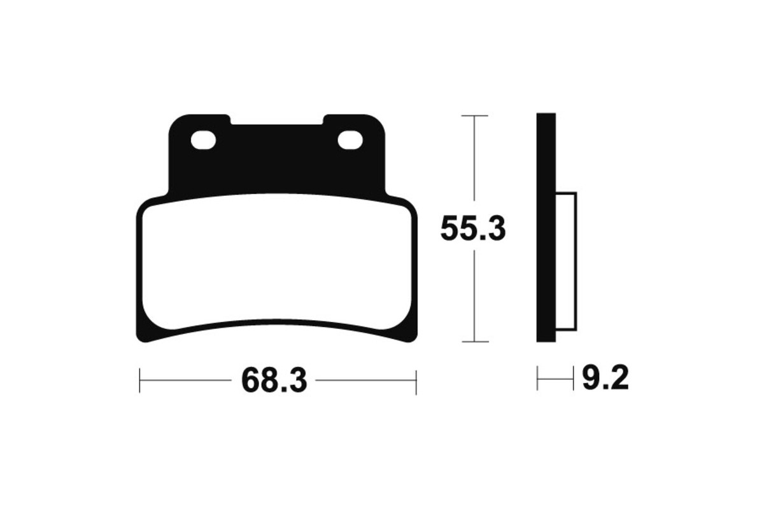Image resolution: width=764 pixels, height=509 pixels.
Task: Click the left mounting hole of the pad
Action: tap(203, 140)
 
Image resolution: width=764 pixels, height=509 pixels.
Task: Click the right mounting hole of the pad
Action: tap(350, 140)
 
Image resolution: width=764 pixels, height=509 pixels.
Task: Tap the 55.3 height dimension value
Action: tap(473, 229)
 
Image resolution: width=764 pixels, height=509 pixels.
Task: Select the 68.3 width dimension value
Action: tap(274, 380)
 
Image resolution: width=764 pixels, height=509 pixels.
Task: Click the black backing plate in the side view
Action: tap(546, 227)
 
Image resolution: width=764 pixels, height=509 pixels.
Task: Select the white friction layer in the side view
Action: tap(567, 261)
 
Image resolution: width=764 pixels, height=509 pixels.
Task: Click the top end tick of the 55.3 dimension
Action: tap(474, 116)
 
